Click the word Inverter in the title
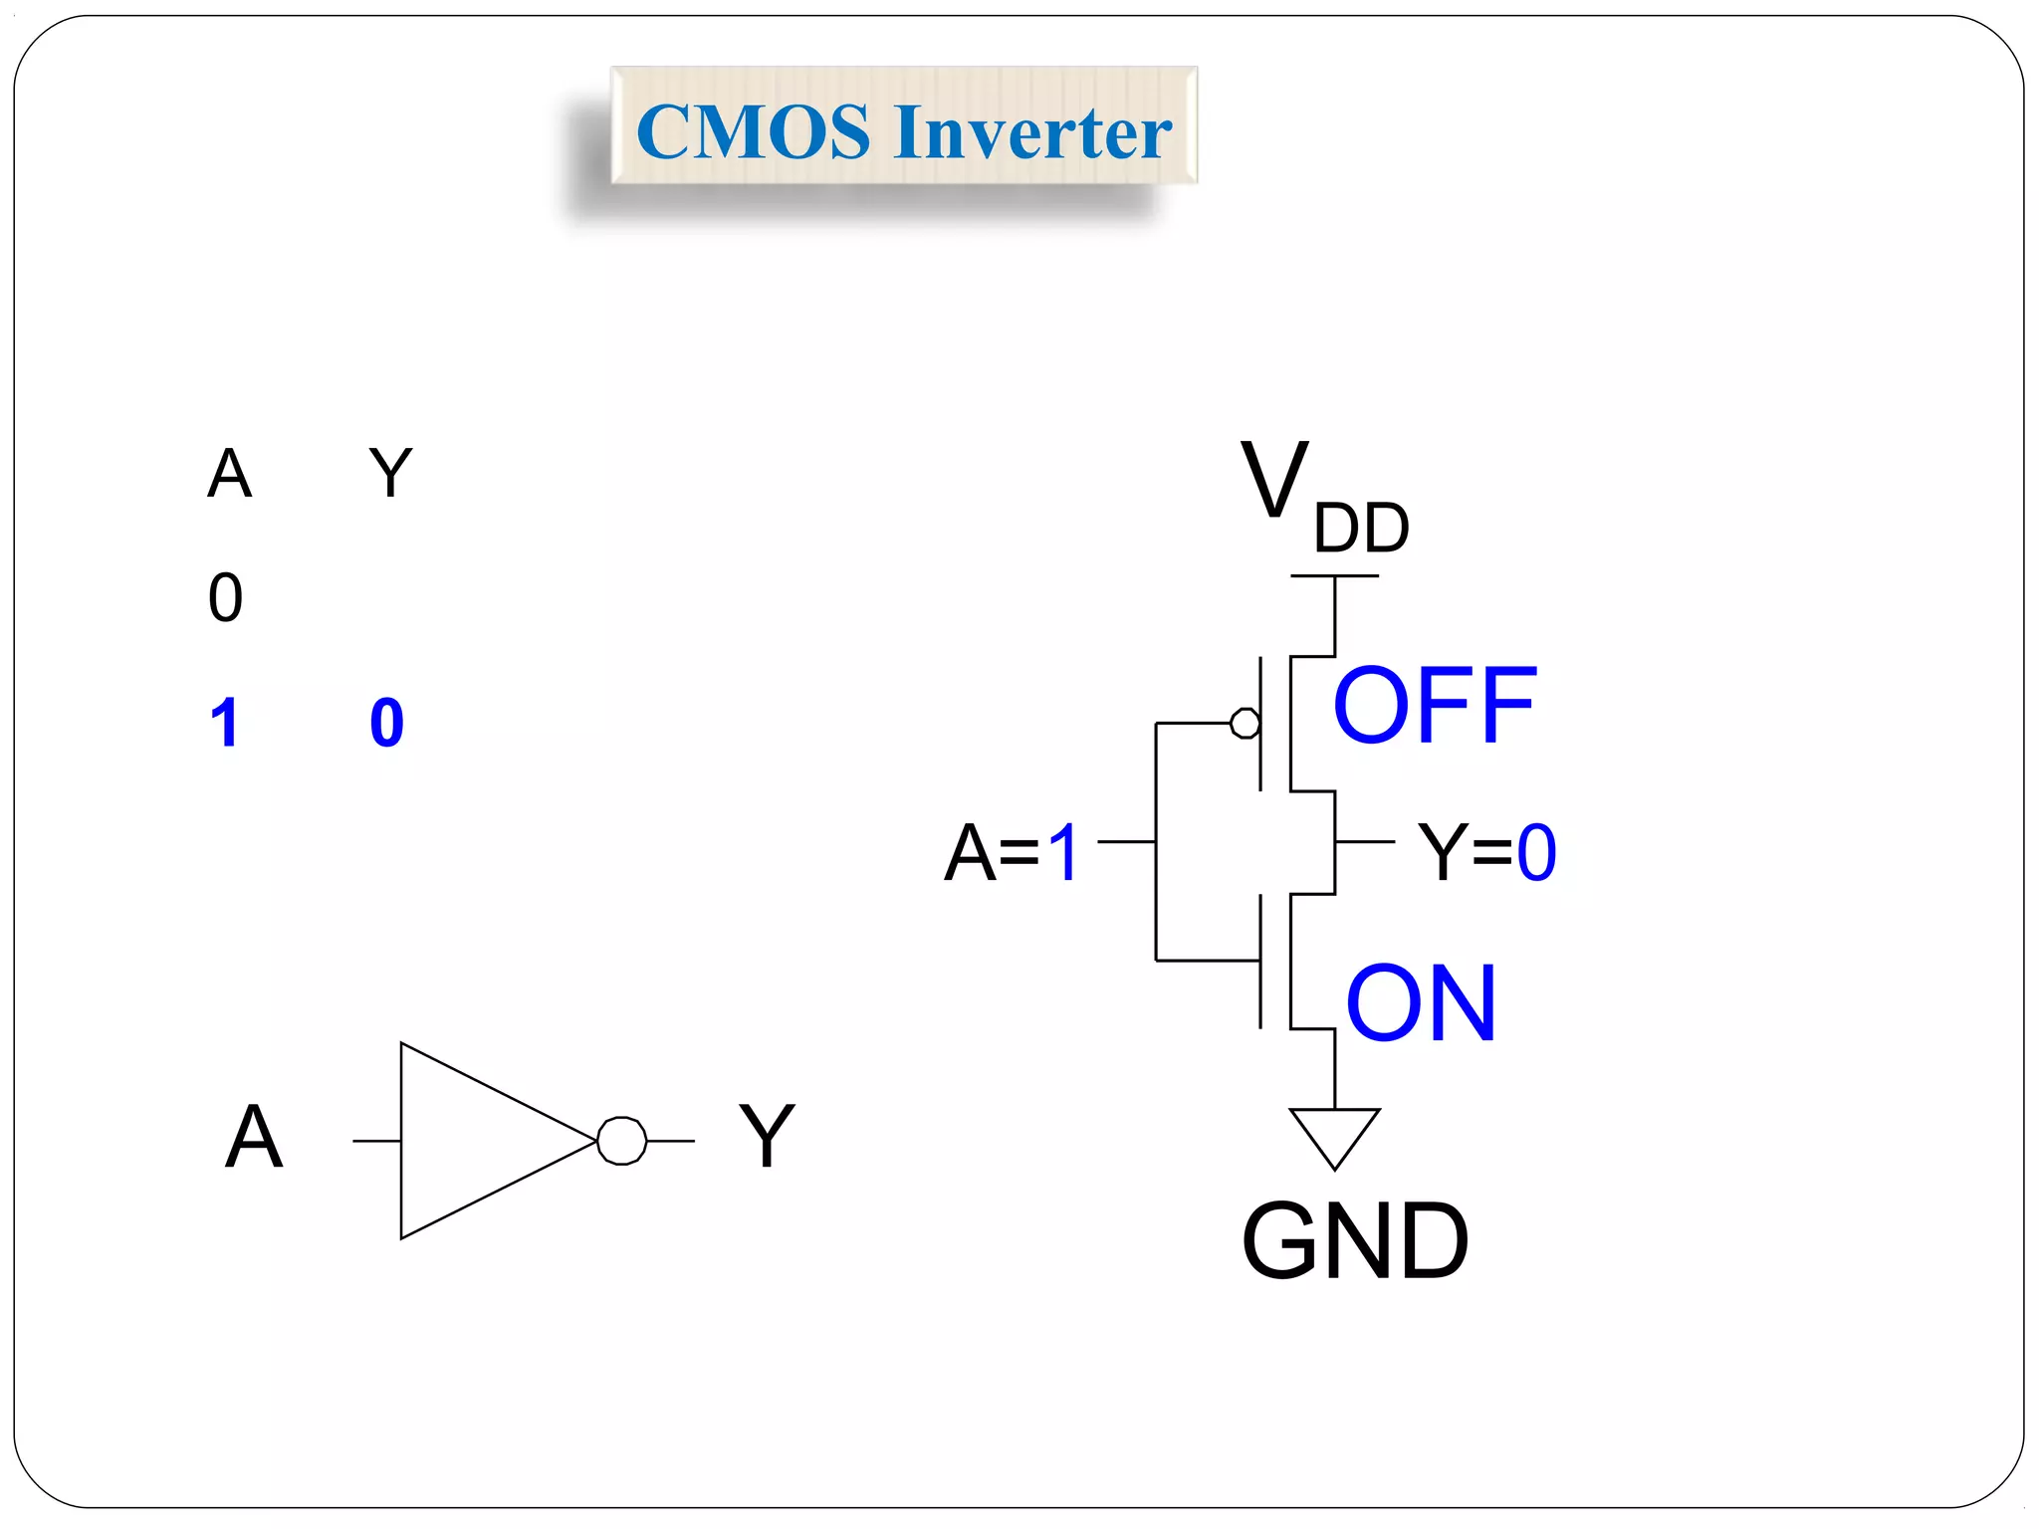tap(1032, 132)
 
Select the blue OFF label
tap(1434, 706)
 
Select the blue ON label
tap(1421, 1003)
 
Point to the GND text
tap(1354, 1241)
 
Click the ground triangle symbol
tap(1334, 1133)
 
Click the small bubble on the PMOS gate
tap(1245, 723)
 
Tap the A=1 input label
tap(1011, 853)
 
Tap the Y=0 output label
tap(1485, 853)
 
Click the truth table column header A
tap(229, 474)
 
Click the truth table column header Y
tap(390, 474)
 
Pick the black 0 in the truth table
tap(226, 598)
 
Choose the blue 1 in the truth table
tap(225, 723)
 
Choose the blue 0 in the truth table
tap(386, 723)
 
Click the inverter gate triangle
tap(478, 1141)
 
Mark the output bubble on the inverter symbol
tap(622, 1141)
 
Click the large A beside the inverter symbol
tap(254, 1137)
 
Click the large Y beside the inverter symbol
tap(767, 1137)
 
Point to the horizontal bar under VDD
tap(1334, 576)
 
